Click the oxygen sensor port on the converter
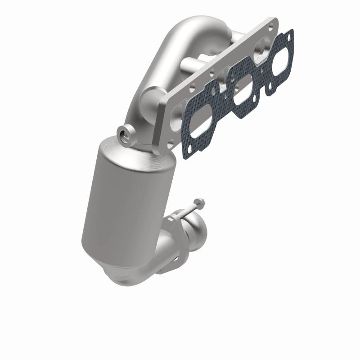(124, 133)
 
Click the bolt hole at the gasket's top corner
(288, 33)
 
